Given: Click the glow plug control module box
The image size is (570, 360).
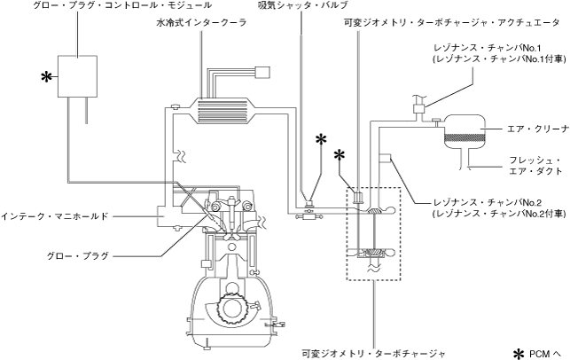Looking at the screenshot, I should pos(79,78).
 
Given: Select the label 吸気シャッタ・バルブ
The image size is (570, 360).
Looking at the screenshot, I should pos(301,6).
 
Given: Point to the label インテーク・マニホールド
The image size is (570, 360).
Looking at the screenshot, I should pos(56,215).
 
